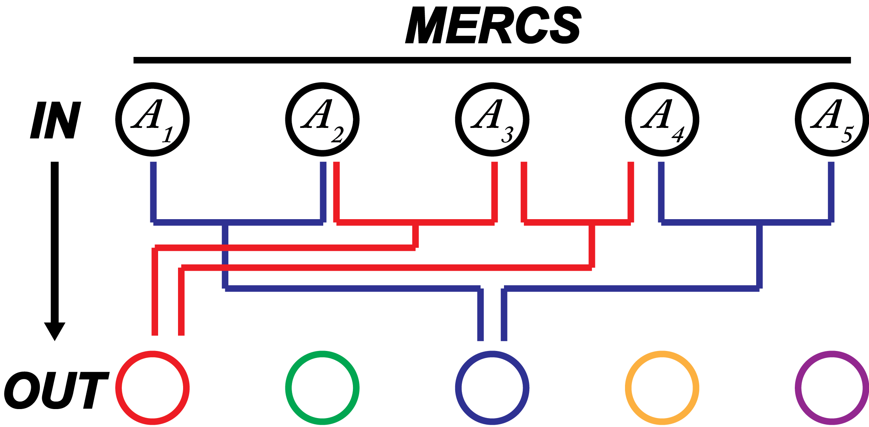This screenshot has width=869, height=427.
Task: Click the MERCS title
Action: click(493, 26)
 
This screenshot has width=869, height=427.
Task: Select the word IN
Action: click(55, 120)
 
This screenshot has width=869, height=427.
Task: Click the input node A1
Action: click(152, 119)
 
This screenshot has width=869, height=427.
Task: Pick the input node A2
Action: click(322, 119)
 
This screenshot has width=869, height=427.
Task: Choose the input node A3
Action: click(492, 119)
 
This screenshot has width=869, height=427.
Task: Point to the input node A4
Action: click(662, 119)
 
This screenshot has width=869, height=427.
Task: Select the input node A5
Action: click(832, 119)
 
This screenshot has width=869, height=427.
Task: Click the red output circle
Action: click(152, 388)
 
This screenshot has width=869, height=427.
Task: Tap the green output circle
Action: click(322, 388)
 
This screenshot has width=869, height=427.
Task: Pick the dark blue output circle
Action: click(492, 388)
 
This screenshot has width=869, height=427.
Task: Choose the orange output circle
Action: click(662, 388)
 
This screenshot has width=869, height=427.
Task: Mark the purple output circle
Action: click(832, 388)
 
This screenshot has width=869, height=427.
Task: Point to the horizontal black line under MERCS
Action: click(492, 60)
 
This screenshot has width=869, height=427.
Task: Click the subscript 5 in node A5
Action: click(848, 135)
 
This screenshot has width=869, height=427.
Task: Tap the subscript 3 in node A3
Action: click(508, 135)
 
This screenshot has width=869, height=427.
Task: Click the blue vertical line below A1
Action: click(153, 191)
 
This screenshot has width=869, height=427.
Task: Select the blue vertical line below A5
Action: click(831, 191)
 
